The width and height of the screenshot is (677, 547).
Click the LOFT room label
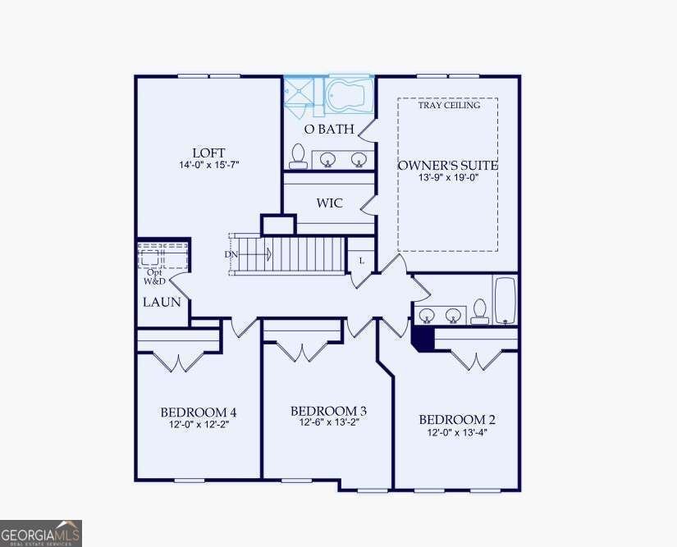point(208,153)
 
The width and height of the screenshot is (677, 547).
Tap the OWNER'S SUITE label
point(448,165)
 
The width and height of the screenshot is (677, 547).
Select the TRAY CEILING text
point(449,105)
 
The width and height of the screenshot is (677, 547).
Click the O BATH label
point(329,129)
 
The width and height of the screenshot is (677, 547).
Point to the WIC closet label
point(329,203)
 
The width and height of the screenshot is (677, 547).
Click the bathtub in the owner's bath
point(349,95)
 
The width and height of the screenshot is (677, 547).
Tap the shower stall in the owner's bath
point(299,96)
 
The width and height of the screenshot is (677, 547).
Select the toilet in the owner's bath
point(298,156)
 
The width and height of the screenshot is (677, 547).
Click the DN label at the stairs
point(231,254)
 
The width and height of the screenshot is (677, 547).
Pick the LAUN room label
point(162,302)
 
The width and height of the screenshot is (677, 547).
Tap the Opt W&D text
point(154,277)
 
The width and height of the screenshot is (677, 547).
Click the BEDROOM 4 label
point(199,413)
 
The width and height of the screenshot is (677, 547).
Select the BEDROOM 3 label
point(329,411)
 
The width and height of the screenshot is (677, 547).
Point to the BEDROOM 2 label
point(457,420)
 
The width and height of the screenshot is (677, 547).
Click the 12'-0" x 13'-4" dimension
point(457,432)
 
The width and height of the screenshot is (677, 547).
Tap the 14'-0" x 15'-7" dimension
point(209,165)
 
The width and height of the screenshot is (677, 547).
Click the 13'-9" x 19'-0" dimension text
point(449,177)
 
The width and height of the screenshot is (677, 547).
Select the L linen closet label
point(362,261)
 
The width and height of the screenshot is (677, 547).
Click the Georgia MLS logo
point(40,534)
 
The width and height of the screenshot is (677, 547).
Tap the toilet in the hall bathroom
point(480,312)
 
